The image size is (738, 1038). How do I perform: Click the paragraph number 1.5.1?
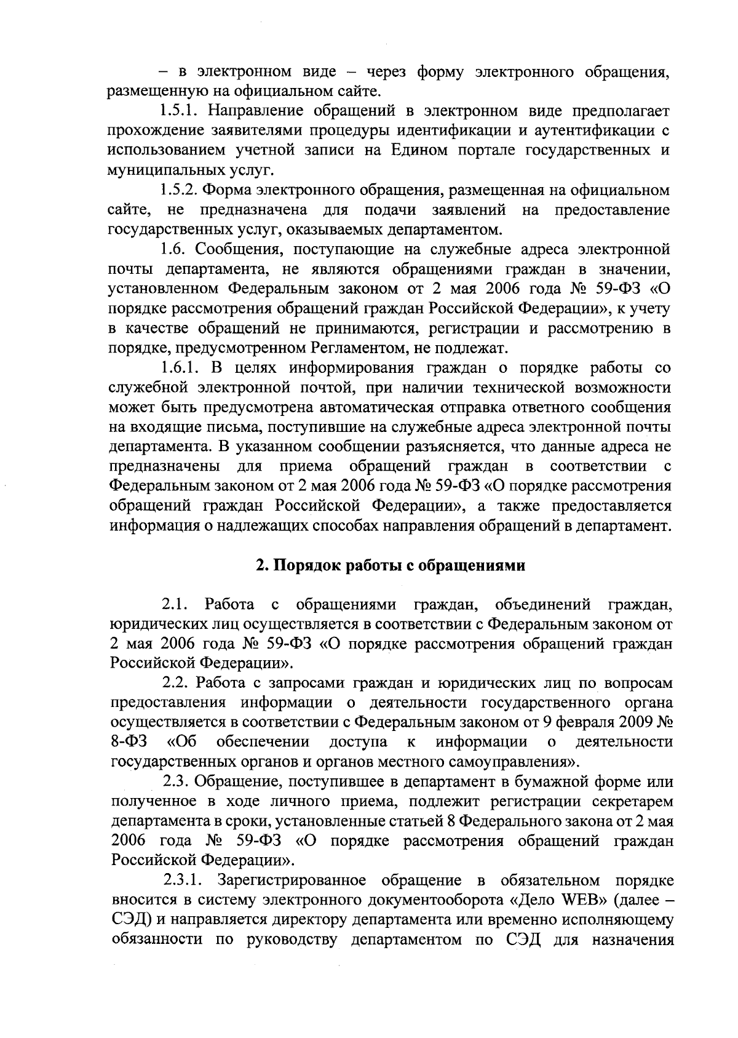tap(181, 111)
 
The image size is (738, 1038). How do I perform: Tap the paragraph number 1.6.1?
tap(181, 369)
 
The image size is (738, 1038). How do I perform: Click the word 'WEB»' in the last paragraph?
tap(582, 900)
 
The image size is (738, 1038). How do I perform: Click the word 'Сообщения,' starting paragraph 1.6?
tap(241, 250)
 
